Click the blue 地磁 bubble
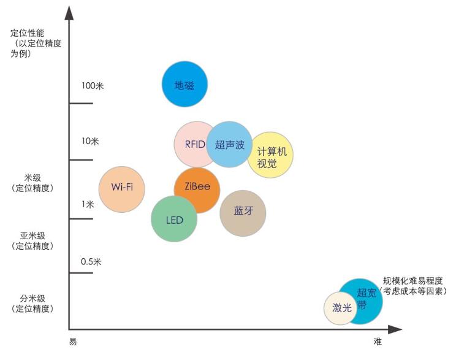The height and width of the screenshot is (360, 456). coord(184,85)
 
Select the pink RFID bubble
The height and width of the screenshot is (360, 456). coord(191,145)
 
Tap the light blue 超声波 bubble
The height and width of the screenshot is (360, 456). coord(230,145)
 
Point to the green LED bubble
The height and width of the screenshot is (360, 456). coord(175,220)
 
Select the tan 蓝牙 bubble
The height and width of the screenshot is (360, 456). coord(243,212)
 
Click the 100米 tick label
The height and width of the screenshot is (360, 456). coord(93,85)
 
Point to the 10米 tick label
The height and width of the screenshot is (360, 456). coord(90,142)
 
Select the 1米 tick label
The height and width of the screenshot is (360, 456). coord(88,204)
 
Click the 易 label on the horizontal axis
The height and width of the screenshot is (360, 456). coord(73,342)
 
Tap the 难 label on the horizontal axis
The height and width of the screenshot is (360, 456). coord(378,342)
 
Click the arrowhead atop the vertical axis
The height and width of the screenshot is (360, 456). coord(69,12)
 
